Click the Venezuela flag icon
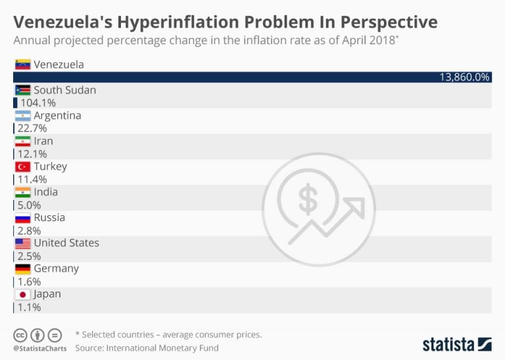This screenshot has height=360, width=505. pos(22,64)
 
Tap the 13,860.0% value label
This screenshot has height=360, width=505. pos(464,77)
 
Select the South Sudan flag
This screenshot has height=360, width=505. pos(22,90)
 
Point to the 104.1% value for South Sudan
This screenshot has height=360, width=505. pos(37,103)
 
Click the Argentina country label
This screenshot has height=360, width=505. pos(57,115)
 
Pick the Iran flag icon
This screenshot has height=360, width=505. pos(22,141)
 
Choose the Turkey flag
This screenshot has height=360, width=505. pos(22,167)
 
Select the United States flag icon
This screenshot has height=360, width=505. pos(22,243)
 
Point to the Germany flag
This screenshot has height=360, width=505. pos(22,269)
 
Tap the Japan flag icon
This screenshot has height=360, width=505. pos(22,294)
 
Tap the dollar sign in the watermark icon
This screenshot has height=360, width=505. pos(308,200)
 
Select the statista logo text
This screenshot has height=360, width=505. pos(448,344)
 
